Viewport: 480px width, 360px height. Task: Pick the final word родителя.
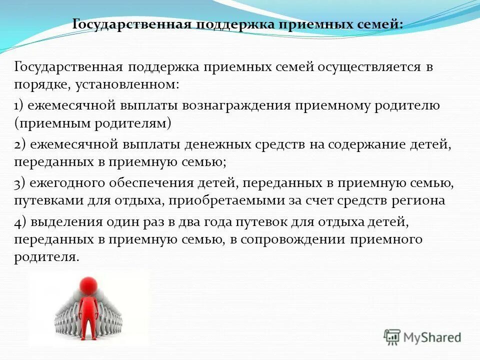click(46, 256)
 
